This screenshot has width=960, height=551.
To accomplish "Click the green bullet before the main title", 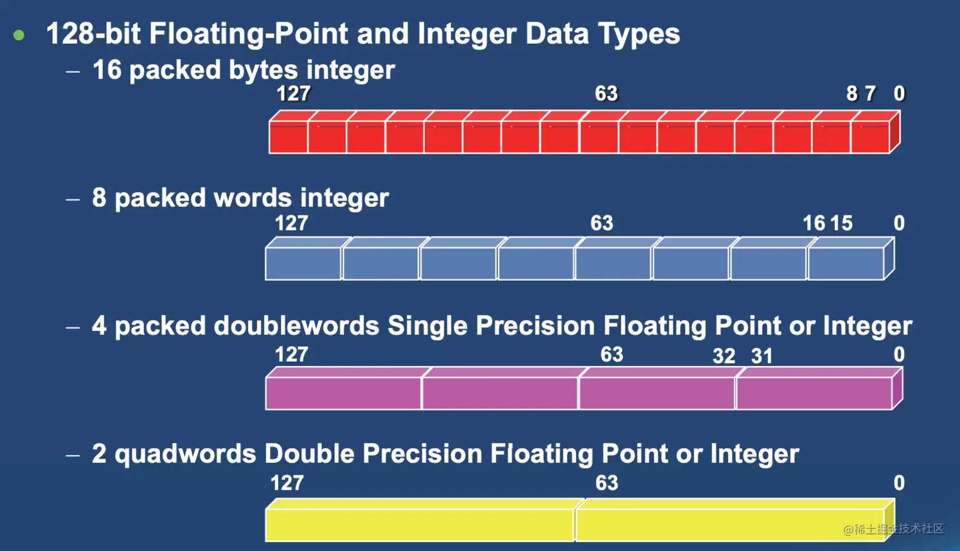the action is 19,35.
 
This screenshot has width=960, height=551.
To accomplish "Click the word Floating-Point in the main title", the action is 248,34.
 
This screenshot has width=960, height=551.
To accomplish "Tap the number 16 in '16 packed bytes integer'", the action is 107,69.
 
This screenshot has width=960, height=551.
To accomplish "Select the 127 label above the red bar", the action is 293,93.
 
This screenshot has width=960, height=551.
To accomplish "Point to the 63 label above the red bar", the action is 606,93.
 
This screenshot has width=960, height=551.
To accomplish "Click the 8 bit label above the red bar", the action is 852,93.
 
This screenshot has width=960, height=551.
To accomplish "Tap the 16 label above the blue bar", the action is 813,223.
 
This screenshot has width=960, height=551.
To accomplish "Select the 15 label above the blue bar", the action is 841,223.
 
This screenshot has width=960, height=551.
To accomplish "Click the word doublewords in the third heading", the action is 296,326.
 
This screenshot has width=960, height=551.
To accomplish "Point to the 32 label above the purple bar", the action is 724,356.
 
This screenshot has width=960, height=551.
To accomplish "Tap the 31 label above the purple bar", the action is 761,356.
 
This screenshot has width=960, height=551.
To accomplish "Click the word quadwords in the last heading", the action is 185,454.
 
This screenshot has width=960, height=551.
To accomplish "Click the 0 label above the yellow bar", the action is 899,483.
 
